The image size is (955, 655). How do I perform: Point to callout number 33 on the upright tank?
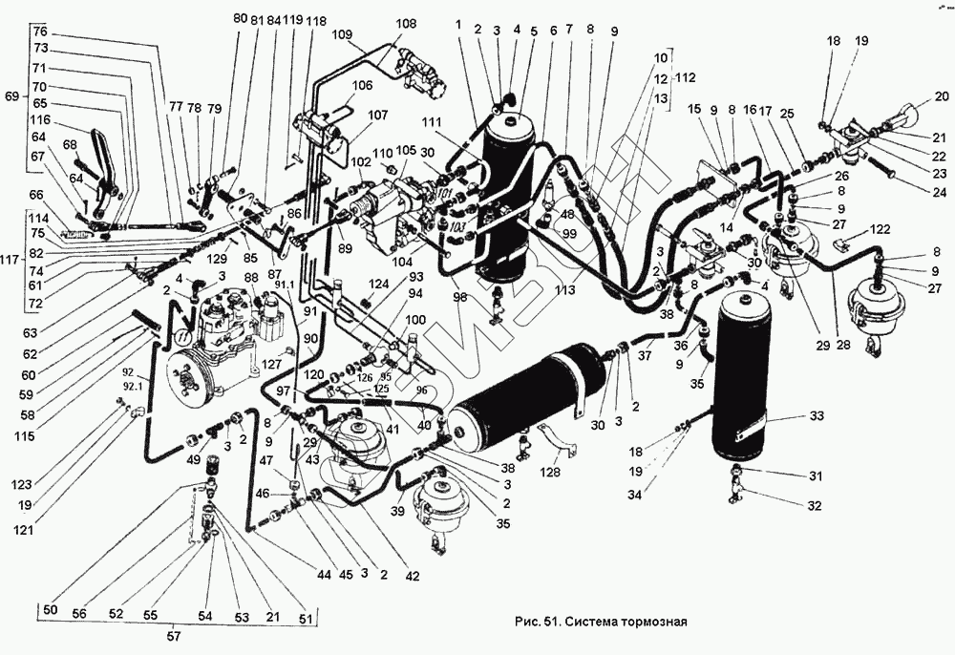tap(817, 415)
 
